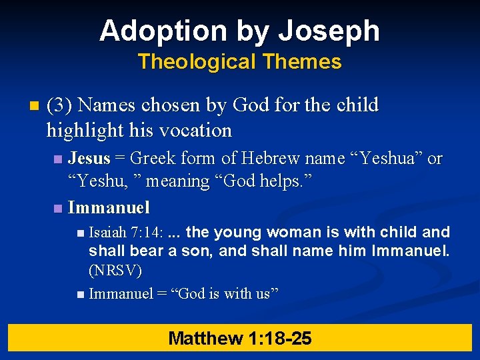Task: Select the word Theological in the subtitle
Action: tap(197, 62)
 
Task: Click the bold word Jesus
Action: tap(89, 159)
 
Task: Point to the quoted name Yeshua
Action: tap(389, 159)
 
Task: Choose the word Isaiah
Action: tap(108, 233)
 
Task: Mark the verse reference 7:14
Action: tap(147, 233)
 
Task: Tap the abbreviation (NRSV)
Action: tap(115, 271)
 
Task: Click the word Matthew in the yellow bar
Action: tap(205, 338)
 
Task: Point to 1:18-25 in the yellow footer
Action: tap(279, 338)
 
